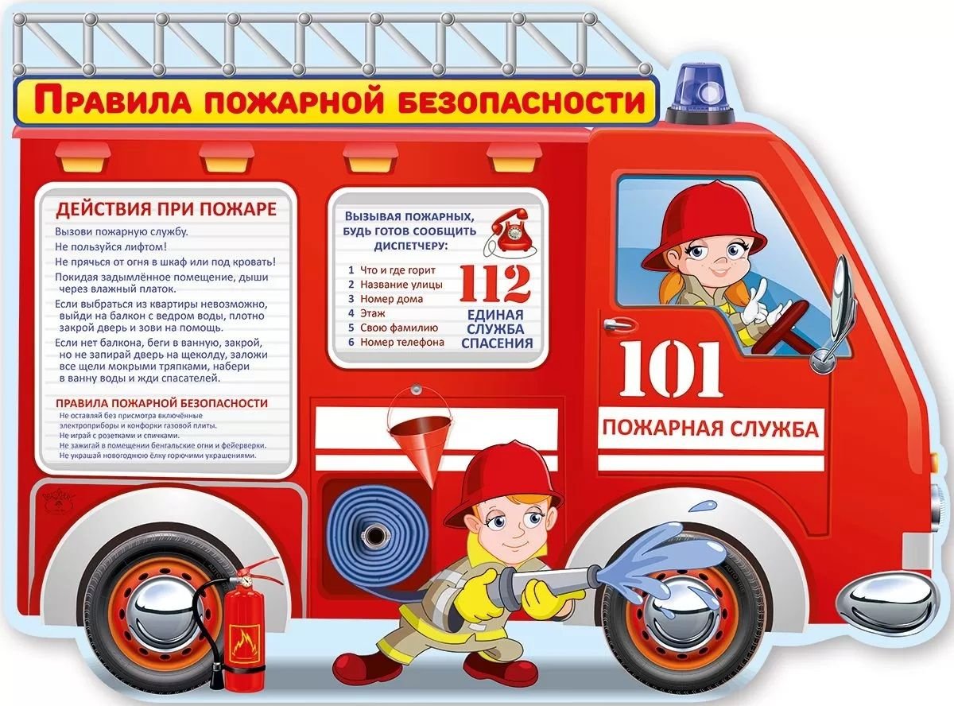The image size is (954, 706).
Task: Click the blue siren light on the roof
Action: [699, 89]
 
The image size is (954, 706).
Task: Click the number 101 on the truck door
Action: [672, 370]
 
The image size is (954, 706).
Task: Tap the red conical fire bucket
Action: [418, 441]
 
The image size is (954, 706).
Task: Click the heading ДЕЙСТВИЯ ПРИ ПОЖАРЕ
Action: [165, 210]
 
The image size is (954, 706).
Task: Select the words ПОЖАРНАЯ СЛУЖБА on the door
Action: [710, 431]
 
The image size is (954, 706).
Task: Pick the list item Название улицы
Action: [401, 285]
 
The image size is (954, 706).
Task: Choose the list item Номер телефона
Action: [401, 342]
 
